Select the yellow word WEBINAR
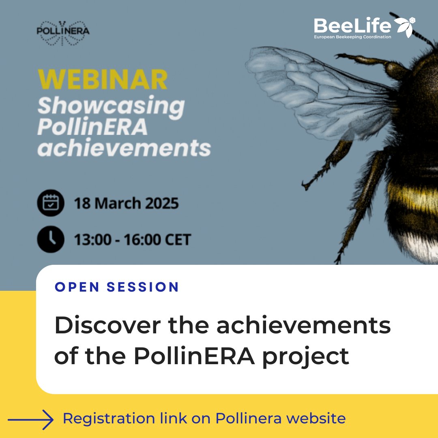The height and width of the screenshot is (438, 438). click(x=103, y=79)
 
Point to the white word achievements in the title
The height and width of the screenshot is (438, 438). click(x=124, y=148)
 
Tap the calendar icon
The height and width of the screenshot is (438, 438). click(x=51, y=203)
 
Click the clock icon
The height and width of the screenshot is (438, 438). click(x=51, y=239)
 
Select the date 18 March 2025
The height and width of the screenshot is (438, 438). click(x=126, y=203)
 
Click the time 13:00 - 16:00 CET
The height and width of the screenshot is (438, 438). click(x=132, y=240)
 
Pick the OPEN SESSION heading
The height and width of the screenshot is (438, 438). click(x=117, y=287)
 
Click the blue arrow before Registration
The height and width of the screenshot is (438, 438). click(x=31, y=419)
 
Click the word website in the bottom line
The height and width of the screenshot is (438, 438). click(x=315, y=418)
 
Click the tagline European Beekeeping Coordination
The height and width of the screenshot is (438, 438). click(x=352, y=37)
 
